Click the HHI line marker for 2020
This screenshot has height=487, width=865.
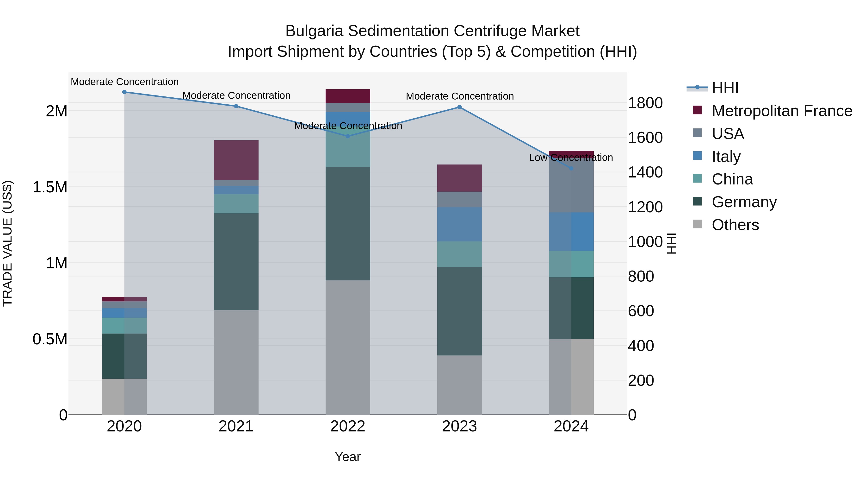point(124,92)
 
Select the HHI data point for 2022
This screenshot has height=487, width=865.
point(348,136)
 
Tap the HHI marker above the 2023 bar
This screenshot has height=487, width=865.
point(459,107)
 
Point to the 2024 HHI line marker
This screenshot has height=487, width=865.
point(571,168)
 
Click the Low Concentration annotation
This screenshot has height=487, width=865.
point(571,157)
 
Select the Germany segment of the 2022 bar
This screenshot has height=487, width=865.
point(348,223)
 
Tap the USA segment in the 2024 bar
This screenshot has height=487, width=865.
point(571,187)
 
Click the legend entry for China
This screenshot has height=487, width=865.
point(732,179)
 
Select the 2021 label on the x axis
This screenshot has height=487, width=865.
point(236,426)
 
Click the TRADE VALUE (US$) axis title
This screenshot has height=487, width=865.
point(7,243)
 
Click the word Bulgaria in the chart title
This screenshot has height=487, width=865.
point(314,31)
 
